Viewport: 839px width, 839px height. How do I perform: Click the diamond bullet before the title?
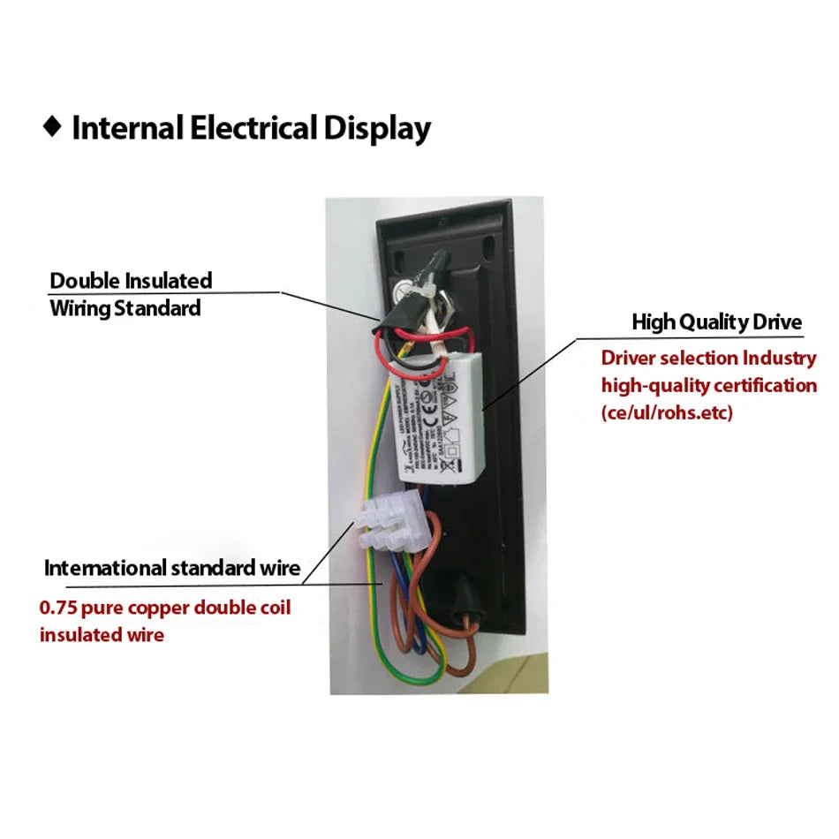pos(53,127)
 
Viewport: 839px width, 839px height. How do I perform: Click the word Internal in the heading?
pos(129,128)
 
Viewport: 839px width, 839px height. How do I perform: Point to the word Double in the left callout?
pos(84,281)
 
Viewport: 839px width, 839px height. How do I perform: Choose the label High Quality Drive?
pos(716,322)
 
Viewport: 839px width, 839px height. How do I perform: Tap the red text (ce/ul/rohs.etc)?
pos(667,412)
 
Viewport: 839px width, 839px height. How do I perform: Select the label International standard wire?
pos(172,568)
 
